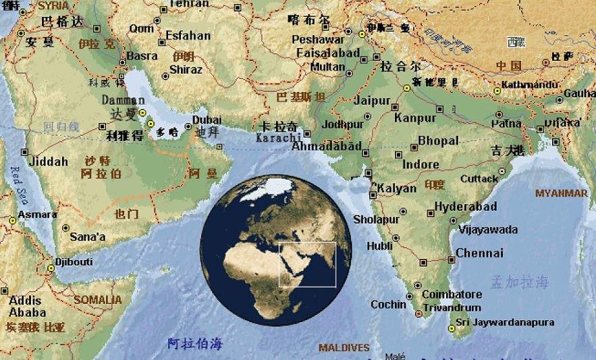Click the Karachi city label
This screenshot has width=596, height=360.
(277, 138)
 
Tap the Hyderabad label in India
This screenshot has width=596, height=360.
(465, 207)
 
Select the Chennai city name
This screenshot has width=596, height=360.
(479, 253)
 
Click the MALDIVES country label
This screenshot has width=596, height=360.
(344, 348)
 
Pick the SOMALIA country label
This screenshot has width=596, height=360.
(99, 299)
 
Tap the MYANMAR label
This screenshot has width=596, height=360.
(562, 193)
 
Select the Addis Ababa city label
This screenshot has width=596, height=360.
(27, 307)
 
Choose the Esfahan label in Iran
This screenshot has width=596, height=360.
(188, 36)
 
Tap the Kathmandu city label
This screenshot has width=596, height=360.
(531, 85)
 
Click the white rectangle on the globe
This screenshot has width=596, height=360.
(308, 264)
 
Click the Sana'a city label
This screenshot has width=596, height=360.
(88, 237)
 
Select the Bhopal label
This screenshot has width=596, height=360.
(438, 141)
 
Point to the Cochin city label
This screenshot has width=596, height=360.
(389, 305)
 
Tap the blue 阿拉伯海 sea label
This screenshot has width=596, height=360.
(194, 343)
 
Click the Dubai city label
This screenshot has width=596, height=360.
(207, 120)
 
